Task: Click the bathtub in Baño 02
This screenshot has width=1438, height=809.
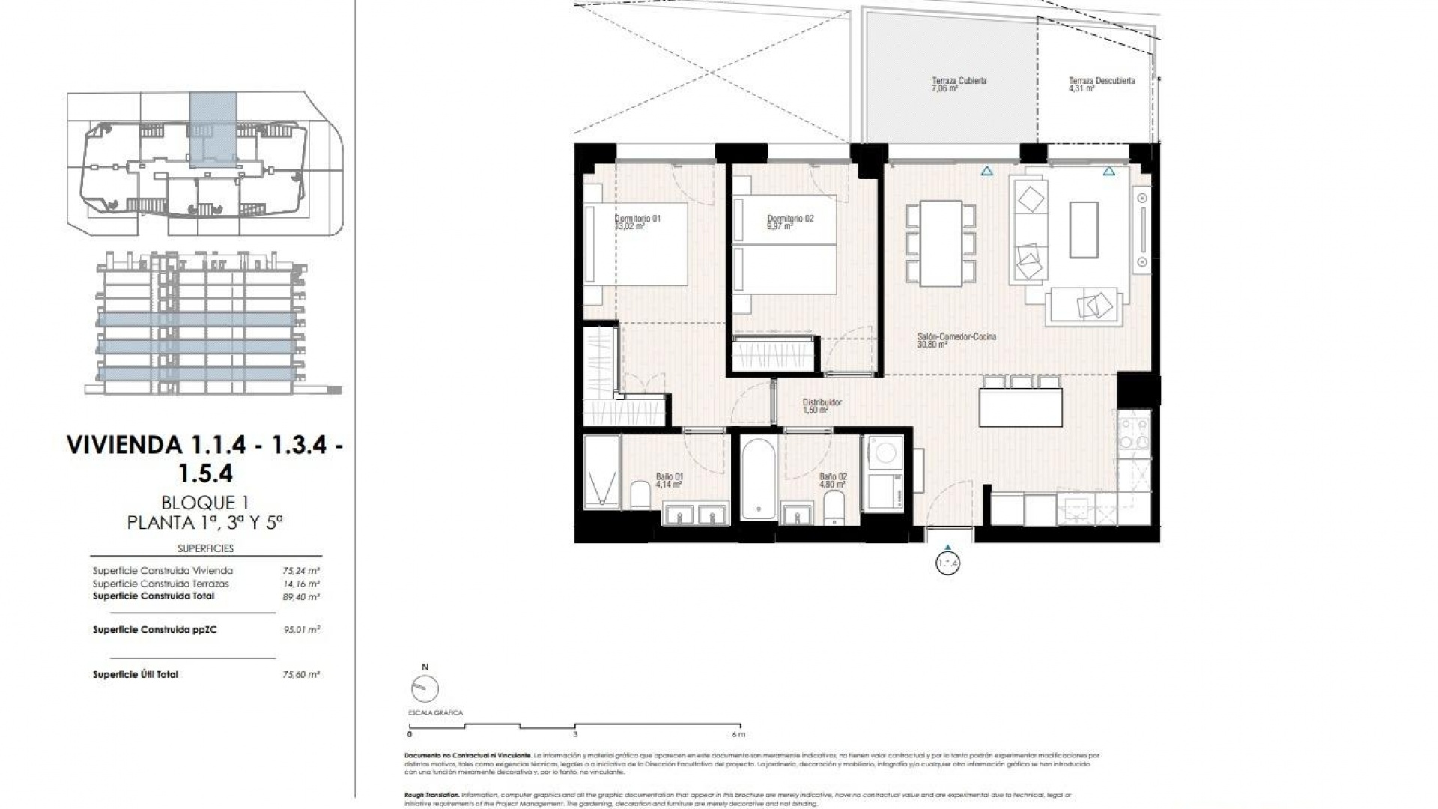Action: [x=758, y=479]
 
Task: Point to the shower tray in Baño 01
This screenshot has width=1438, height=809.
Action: [x=602, y=472]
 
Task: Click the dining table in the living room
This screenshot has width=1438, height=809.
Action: [x=941, y=243]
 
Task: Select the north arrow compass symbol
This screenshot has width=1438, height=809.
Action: [x=425, y=688]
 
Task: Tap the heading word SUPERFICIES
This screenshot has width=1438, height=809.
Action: [x=205, y=548]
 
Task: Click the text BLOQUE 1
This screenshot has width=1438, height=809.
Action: [x=204, y=503]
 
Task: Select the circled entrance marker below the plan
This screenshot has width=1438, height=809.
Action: [x=947, y=563]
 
